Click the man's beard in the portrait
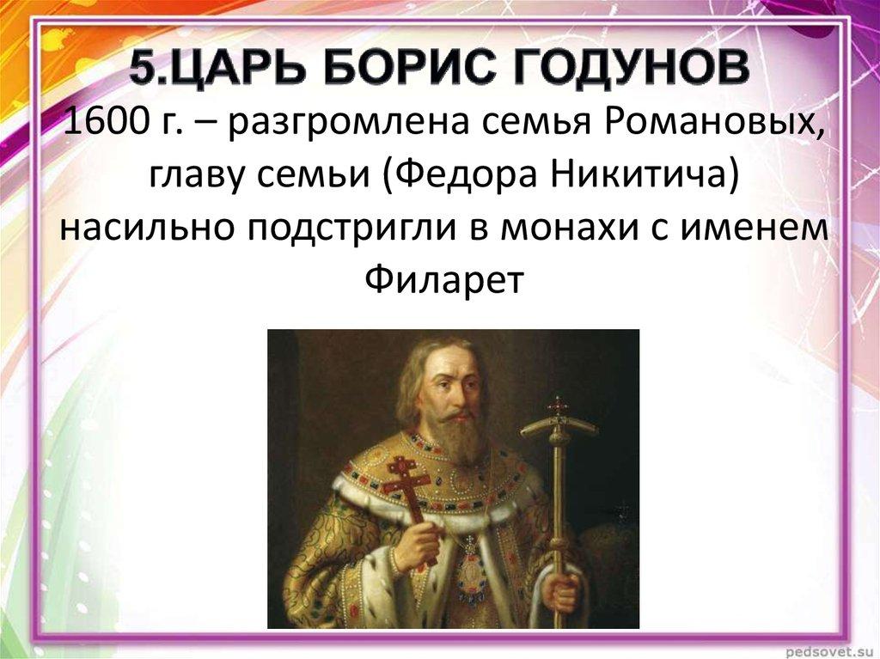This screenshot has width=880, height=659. point(455,438)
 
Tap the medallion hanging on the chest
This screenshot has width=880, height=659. point(472,567)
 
